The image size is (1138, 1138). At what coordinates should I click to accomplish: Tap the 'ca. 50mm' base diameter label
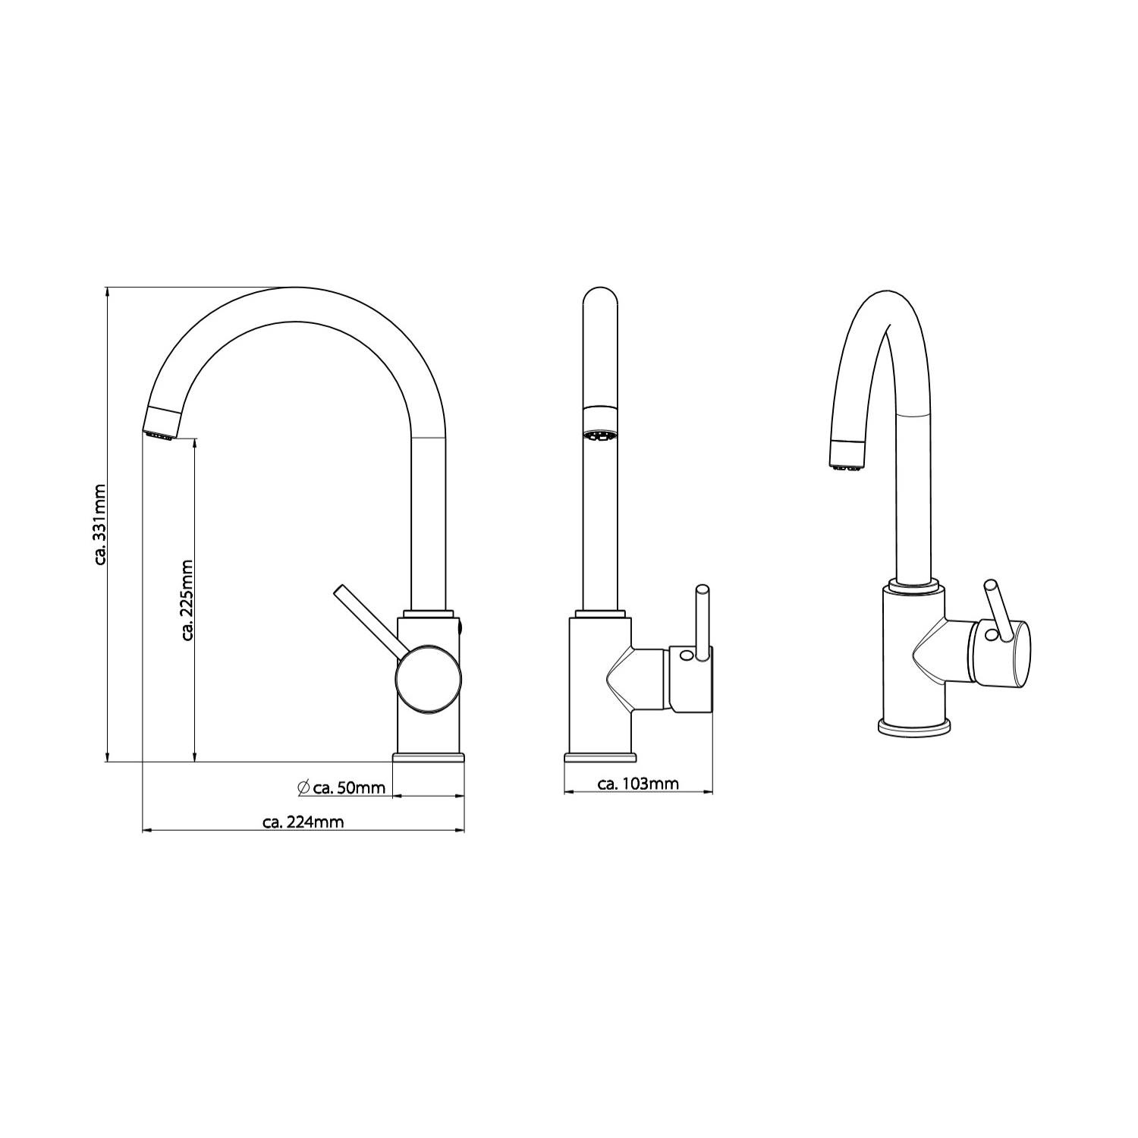(350, 787)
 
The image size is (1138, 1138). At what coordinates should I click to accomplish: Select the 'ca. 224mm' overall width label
(303, 822)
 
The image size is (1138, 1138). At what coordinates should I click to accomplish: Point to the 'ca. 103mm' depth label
(638, 784)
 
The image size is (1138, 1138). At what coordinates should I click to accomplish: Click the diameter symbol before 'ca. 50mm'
(303, 787)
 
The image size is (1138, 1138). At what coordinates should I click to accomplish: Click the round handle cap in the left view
(428, 679)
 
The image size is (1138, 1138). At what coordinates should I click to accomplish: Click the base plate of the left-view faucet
(428, 757)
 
